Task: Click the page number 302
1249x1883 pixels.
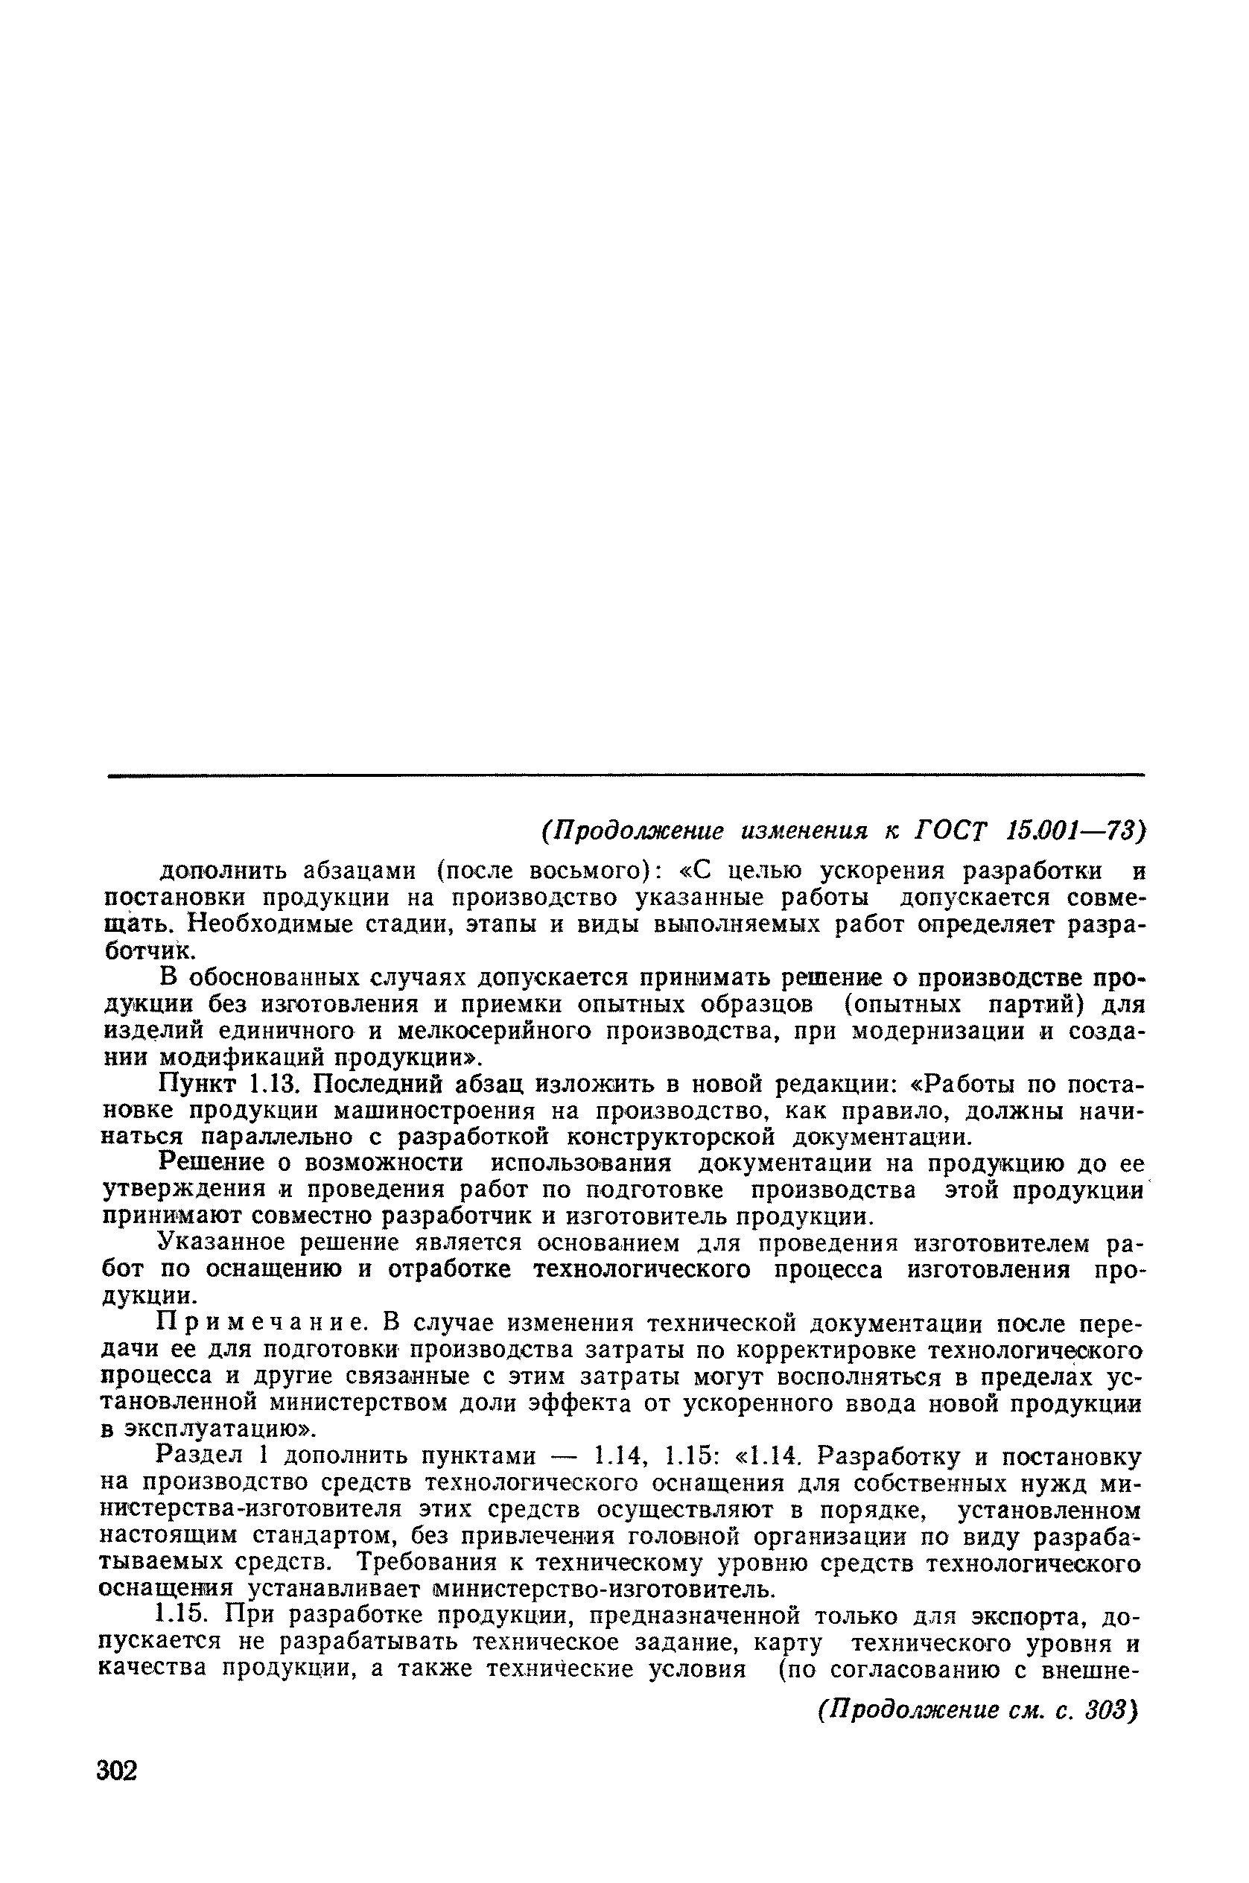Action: (117, 1770)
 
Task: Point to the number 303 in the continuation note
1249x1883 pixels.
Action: (1107, 1710)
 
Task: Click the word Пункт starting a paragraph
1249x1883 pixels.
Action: (198, 1083)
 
